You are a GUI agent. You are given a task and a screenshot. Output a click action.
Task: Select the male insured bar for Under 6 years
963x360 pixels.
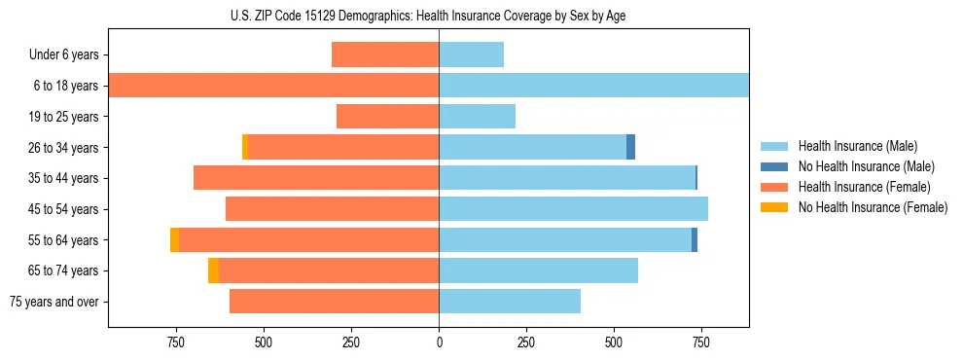[471, 54]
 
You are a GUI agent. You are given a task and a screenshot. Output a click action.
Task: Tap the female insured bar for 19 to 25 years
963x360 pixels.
[387, 117]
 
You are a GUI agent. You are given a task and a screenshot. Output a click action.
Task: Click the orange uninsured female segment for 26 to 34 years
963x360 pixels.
[245, 147]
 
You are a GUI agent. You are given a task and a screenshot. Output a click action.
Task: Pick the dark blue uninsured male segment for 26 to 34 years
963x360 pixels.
[630, 147]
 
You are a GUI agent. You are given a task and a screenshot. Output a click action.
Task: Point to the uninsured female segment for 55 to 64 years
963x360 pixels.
[174, 239]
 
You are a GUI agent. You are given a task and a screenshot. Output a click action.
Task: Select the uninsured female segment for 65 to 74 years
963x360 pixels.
[213, 270]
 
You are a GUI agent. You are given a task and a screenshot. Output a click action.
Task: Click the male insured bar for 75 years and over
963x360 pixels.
[510, 302]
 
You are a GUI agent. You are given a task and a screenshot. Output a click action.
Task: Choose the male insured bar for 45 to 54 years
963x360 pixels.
[573, 209]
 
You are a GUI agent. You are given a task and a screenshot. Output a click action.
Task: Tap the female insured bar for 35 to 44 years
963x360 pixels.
[316, 178]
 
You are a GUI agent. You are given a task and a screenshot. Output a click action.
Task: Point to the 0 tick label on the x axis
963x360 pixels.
[439, 342]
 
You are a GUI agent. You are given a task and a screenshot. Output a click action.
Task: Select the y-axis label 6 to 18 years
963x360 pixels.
[65, 86]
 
